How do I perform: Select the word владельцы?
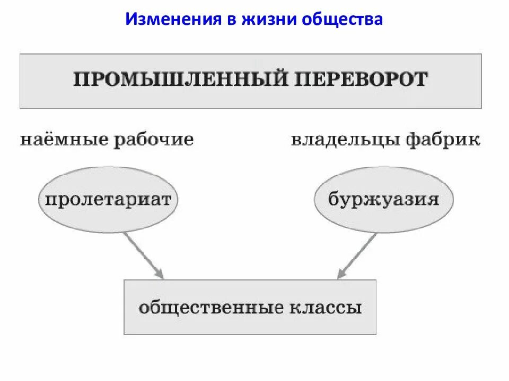[345, 140]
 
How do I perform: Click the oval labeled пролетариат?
[108, 199]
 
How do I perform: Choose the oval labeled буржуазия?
[383, 199]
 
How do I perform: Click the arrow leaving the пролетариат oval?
[143, 254]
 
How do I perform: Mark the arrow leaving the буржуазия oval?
[358, 254]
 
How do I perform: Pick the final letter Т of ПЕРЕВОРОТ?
[421, 80]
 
